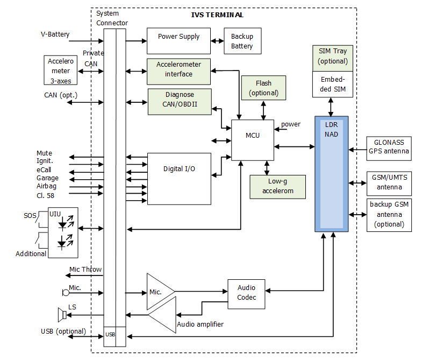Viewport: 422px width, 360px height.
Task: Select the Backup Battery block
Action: coord(242,41)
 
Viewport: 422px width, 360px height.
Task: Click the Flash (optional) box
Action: coord(263,88)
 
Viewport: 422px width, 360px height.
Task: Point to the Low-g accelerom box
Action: coord(277,187)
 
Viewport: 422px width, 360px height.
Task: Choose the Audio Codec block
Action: coord(246,293)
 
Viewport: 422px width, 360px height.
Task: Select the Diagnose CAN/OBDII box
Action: coord(179,101)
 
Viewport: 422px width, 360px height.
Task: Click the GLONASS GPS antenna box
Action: coord(389,146)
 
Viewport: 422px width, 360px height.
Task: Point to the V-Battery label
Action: coord(55,34)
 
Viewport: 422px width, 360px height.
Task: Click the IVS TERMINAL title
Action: coord(217,15)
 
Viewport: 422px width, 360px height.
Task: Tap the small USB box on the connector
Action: coord(110,335)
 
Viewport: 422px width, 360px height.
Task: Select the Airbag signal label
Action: coord(47,186)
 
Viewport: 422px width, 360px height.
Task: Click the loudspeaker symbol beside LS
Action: coord(62,314)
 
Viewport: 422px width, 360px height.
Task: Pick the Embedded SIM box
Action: coord(333,84)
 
